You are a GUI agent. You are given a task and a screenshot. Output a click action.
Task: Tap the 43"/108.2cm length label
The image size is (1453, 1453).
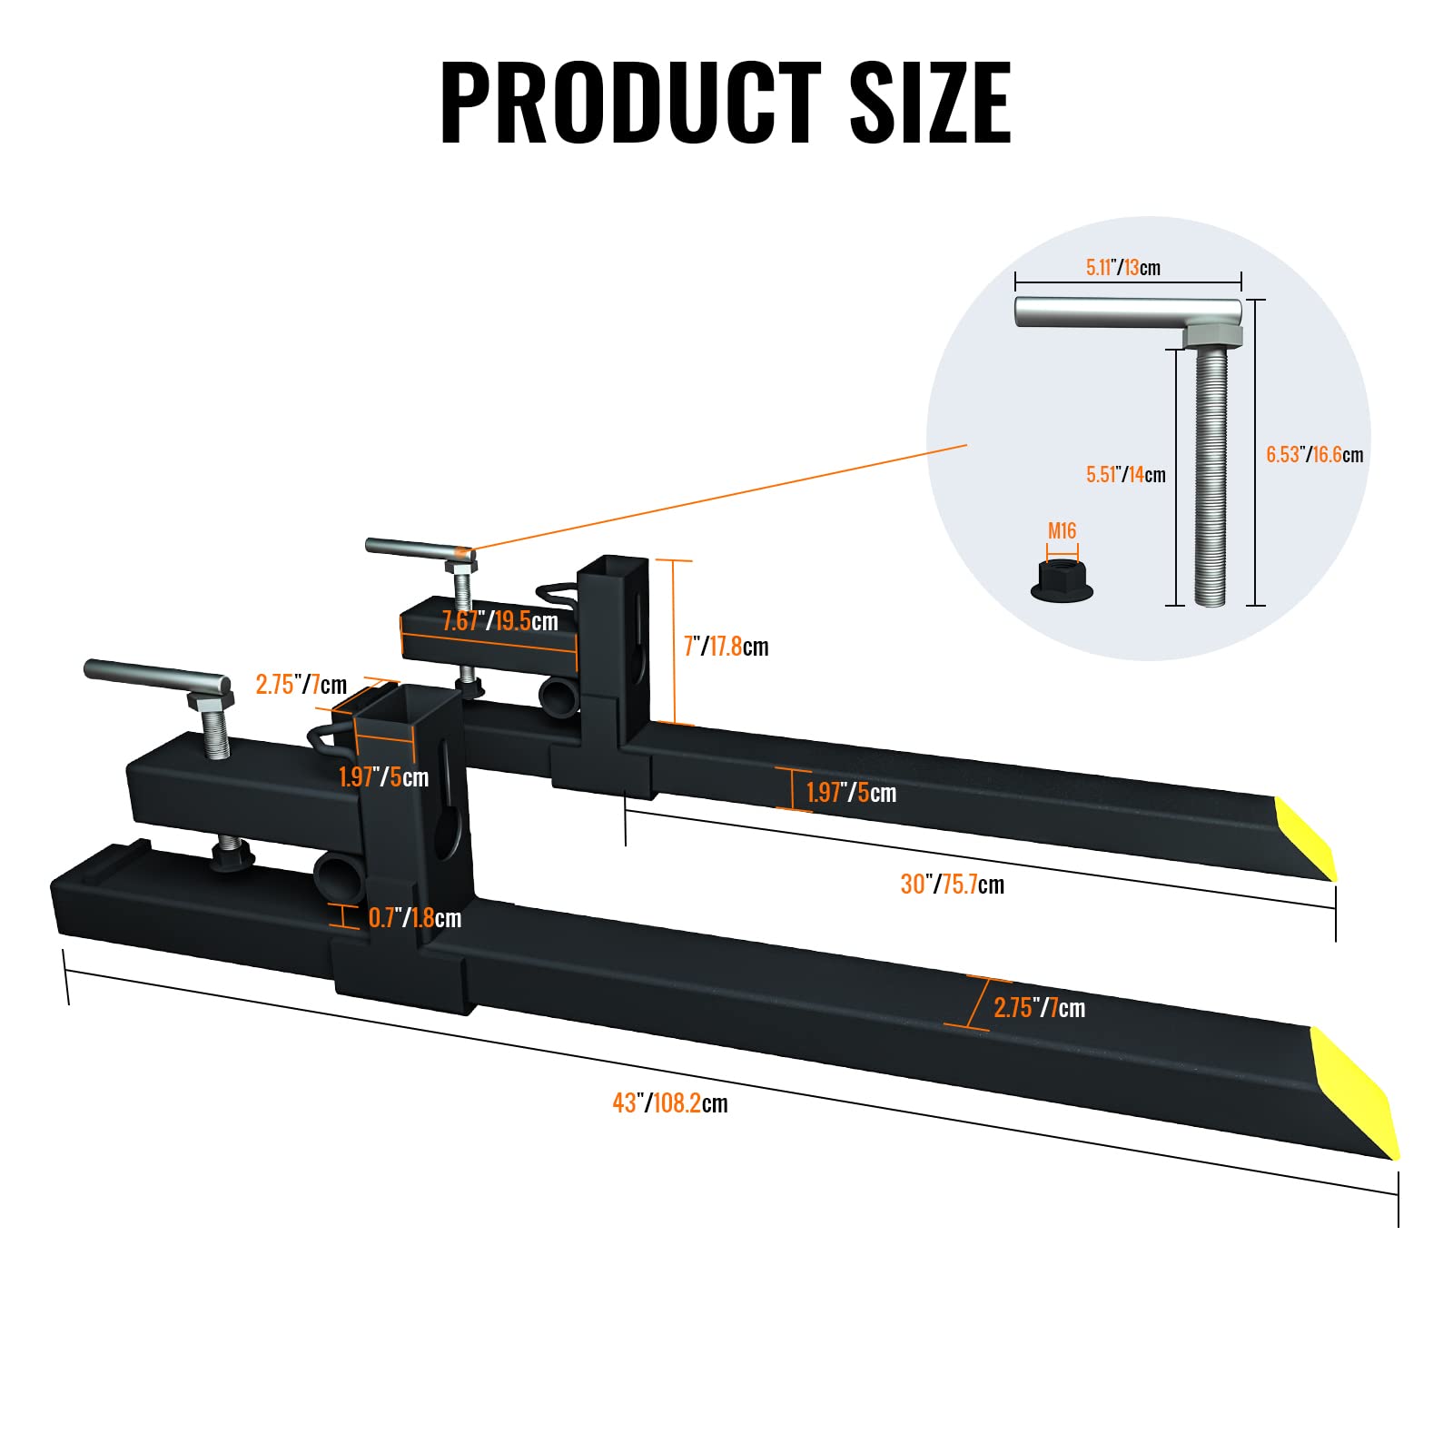click(670, 1103)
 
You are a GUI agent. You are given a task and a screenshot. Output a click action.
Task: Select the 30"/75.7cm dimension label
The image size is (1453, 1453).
click(953, 885)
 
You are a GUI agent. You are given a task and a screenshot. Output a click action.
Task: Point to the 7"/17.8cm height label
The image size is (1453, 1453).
click(726, 647)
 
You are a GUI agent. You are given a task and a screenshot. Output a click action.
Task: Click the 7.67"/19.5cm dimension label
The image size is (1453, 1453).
click(500, 621)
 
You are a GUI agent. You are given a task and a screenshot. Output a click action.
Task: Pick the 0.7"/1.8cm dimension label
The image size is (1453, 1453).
click(415, 918)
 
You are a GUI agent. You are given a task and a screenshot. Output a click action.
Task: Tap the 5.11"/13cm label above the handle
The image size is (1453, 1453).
click(1123, 268)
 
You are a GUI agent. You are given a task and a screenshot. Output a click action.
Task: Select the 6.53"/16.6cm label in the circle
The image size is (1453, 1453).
click(1315, 455)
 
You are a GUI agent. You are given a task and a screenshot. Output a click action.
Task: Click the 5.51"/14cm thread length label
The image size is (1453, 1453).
click(1126, 475)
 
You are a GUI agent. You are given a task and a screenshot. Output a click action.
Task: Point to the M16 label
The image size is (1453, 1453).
click(1062, 531)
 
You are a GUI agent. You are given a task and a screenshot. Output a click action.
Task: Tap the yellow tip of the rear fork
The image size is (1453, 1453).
click(1306, 838)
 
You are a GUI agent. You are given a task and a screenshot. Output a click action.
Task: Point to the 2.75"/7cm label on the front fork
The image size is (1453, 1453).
click(1039, 1008)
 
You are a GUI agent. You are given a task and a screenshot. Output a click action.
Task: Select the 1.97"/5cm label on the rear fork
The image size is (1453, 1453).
click(851, 793)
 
